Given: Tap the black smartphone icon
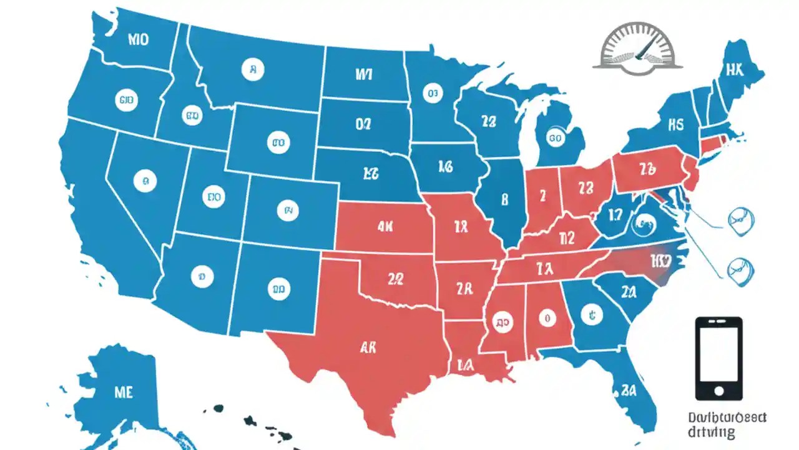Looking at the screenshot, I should [718, 358].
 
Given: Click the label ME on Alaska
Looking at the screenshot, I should [124, 392].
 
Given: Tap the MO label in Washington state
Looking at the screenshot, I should [138, 41].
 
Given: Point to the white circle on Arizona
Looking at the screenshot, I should [200, 274].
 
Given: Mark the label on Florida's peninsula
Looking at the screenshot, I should [627, 391].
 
